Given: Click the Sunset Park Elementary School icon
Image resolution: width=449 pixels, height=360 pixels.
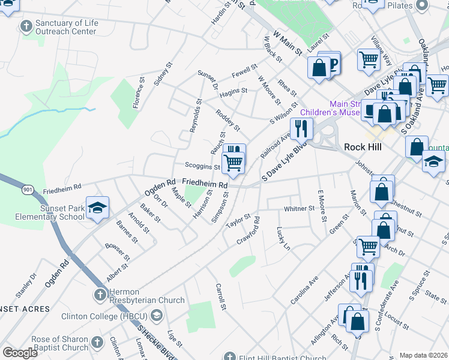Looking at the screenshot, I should coord(97,208).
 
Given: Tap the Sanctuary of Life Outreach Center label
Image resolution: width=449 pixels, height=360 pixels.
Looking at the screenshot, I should coord(65,27).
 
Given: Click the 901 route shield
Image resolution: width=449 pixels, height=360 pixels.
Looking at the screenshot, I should coord(27,190).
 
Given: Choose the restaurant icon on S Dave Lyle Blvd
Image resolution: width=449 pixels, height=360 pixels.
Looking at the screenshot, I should coord(301,128).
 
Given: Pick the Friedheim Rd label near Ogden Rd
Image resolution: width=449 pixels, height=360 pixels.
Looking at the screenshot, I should coord(62,188).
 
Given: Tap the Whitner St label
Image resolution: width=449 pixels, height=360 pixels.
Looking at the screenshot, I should coord(299,208).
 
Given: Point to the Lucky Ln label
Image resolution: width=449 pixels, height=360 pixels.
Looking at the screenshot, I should coord(283,238).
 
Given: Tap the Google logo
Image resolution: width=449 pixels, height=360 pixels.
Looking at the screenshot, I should coord(20,353).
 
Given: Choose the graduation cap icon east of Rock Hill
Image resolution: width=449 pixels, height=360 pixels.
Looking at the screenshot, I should coord(433,161).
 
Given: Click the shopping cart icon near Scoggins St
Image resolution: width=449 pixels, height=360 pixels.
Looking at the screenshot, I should coord(233,161).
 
